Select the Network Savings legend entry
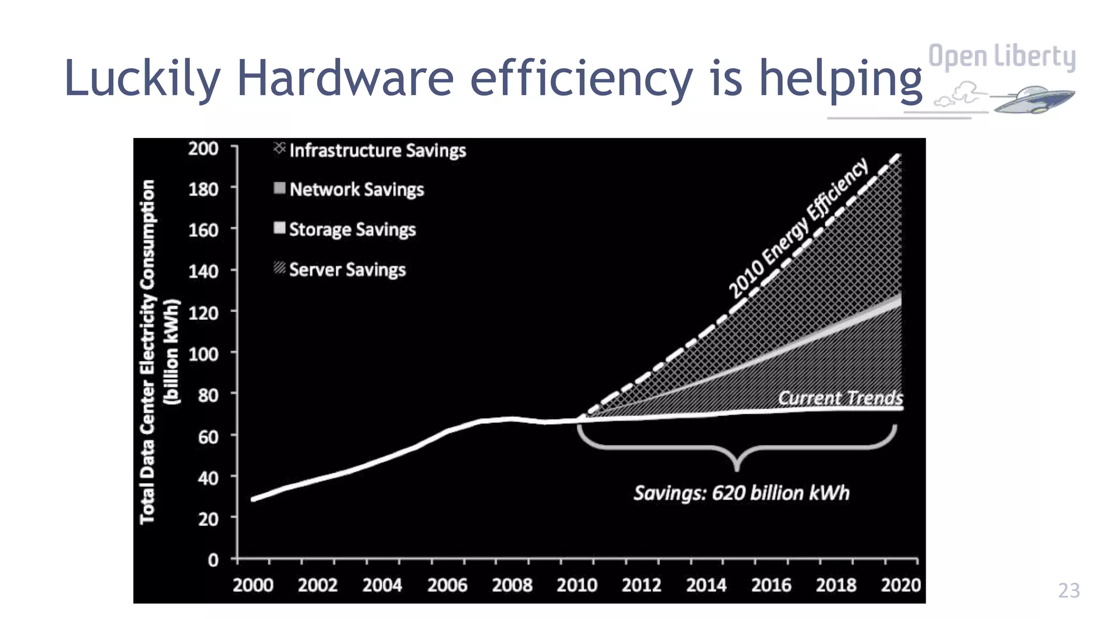(350, 189)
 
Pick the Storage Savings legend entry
(346, 229)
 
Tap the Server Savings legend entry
(341, 269)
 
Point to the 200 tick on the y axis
(203, 148)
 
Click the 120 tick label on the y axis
(203, 313)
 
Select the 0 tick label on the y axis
(213, 560)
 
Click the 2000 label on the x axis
(253, 585)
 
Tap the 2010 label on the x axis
(577, 585)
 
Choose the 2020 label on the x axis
(900, 585)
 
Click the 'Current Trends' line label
(840, 398)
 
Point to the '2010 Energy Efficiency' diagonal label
(798, 228)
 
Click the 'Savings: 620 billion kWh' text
(741, 493)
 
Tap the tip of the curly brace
(737, 469)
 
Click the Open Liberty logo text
(1002, 57)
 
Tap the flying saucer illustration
(1031, 99)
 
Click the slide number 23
(1069, 591)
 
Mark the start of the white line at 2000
(253, 499)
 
